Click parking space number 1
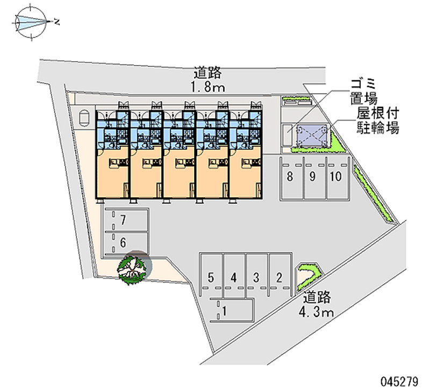[x=225, y=310]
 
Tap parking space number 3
[x=257, y=278]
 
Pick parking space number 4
[x=234, y=278]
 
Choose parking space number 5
[x=211, y=278]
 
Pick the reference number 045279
[x=398, y=381]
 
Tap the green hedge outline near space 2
[x=308, y=274]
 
